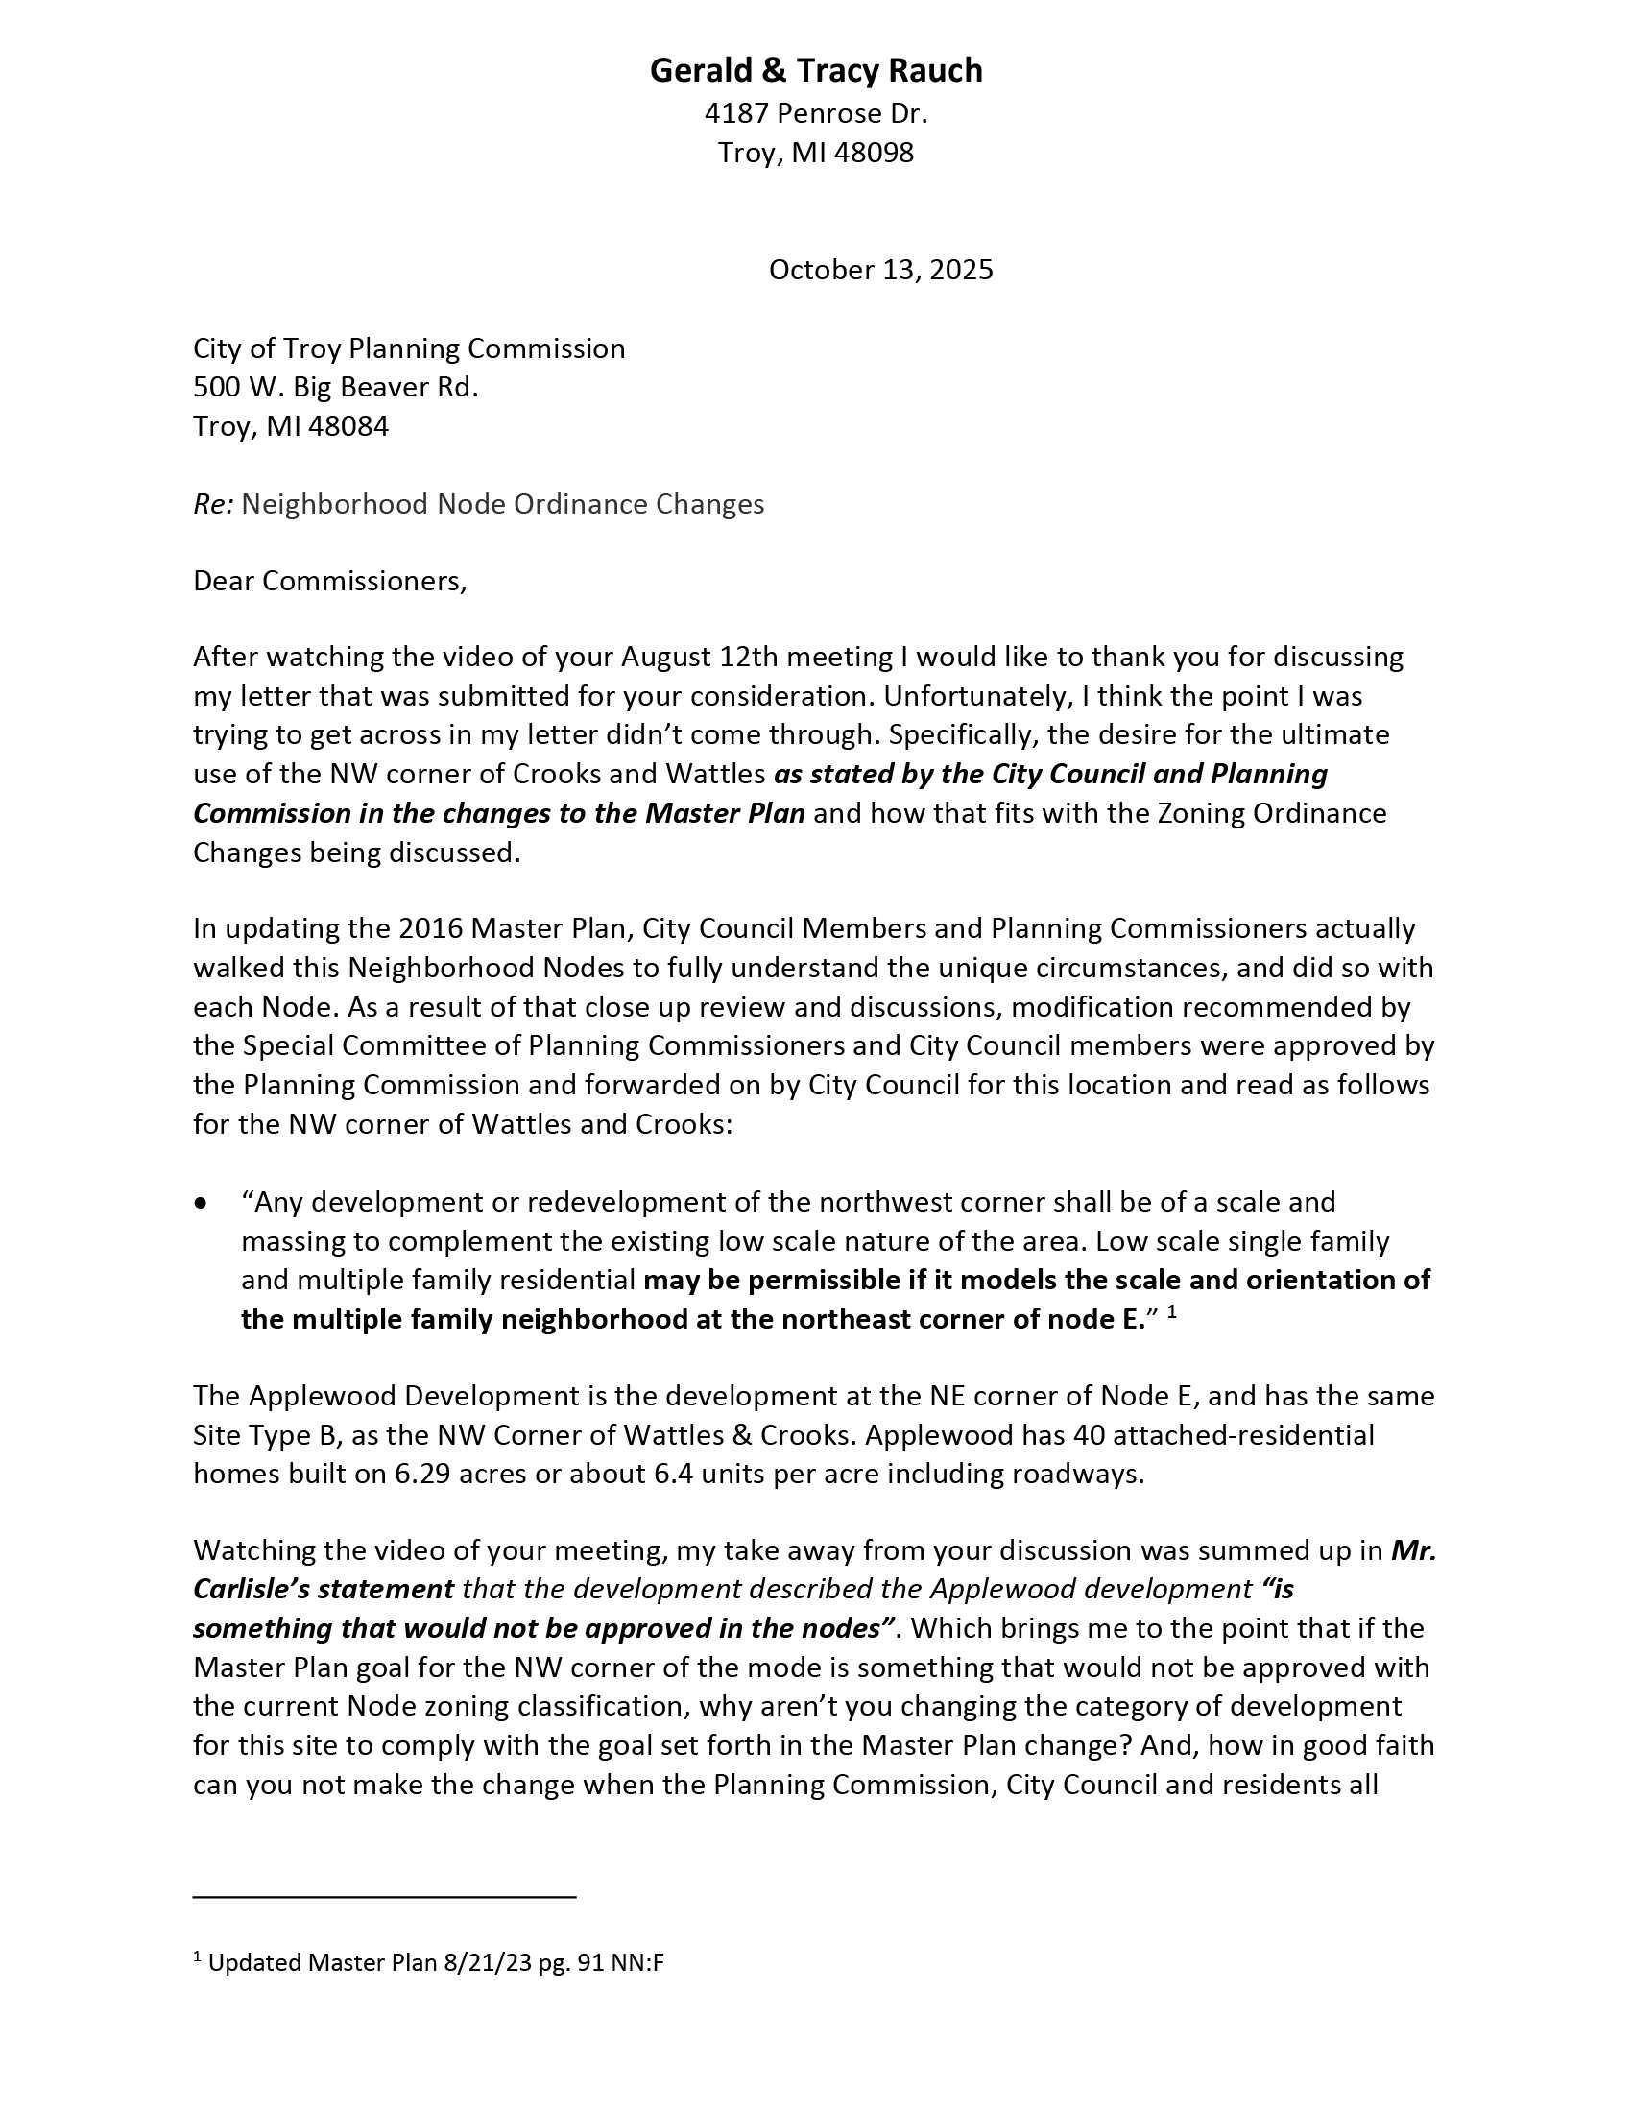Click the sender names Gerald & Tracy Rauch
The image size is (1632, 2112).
tap(815, 71)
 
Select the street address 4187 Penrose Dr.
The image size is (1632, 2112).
tap(815, 114)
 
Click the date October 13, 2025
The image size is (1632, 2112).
tap(879, 269)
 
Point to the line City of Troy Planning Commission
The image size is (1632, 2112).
tap(409, 348)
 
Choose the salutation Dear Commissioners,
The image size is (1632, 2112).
tap(329, 580)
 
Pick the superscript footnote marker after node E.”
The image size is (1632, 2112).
tap(1172, 1312)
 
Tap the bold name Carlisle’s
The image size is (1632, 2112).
tap(256, 1589)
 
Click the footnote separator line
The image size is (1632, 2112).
tap(384, 1896)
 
